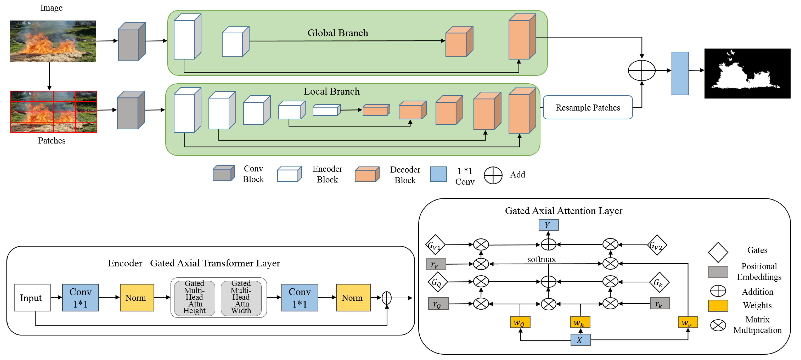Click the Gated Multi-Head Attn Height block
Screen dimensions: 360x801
194,297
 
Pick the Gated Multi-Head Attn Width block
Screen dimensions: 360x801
241,297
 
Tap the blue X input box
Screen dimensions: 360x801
580,340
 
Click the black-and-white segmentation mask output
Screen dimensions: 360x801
747,73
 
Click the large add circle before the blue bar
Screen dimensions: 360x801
642,70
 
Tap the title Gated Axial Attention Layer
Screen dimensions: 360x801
564,211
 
